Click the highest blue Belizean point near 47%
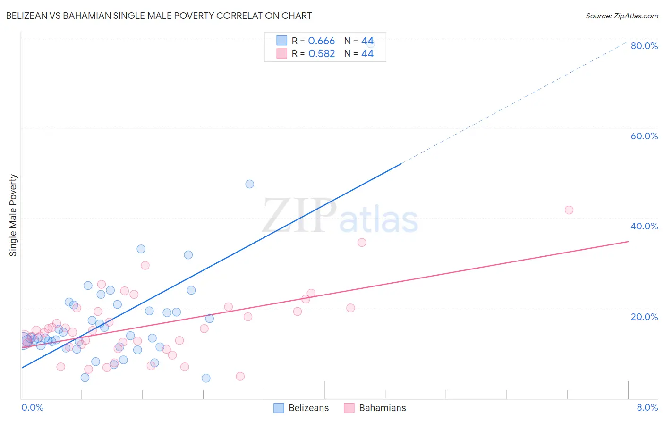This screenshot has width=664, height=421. [250, 184]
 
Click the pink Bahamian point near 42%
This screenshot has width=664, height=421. [569, 210]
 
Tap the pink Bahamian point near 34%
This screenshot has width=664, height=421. [362, 243]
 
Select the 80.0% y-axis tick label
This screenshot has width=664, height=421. [644, 46]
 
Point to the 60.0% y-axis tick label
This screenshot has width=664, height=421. [644, 136]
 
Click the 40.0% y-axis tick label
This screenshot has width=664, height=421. [644, 226]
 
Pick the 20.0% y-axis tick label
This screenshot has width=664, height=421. [644, 316]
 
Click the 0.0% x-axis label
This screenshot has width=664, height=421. [32, 408]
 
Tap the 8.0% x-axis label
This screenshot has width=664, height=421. [647, 408]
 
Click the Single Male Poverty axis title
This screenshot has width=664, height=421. [13, 215]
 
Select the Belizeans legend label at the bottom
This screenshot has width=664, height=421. [308, 408]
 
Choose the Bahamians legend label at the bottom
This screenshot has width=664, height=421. [382, 408]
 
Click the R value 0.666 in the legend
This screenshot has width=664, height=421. [321, 41]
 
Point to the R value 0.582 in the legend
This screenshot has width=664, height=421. [321, 54]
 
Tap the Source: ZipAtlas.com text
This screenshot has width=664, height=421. [621, 16]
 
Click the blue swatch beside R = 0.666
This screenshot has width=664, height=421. [282, 41]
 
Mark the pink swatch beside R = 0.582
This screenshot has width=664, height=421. [282, 53]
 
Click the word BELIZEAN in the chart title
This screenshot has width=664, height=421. [26, 16]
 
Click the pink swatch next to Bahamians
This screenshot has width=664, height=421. [349, 408]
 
